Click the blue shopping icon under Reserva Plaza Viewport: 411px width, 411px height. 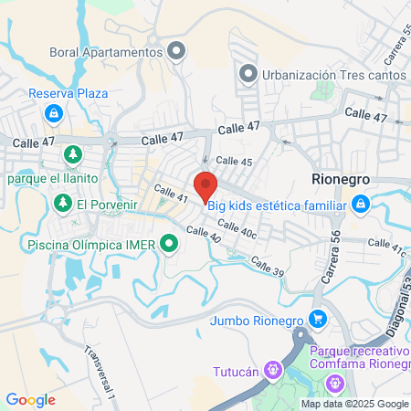pyautogui.click(x=55, y=112)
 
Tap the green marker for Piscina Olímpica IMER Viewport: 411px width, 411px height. pyautogui.click(x=168, y=244)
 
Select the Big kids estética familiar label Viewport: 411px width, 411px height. pyautogui.click(x=277, y=205)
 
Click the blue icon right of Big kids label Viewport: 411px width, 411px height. pyautogui.click(x=361, y=204)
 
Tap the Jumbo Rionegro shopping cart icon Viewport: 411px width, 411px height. pyautogui.click(x=317, y=319)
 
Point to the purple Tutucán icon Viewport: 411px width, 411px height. pyautogui.click(x=271, y=370)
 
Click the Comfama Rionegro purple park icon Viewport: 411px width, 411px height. pyautogui.click(x=336, y=382)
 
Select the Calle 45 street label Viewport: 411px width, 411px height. pyautogui.click(x=235, y=161)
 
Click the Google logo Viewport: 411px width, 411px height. pyautogui.click(x=30, y=399)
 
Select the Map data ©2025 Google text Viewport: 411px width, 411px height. pyautogui.click(x=355, y=404)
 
